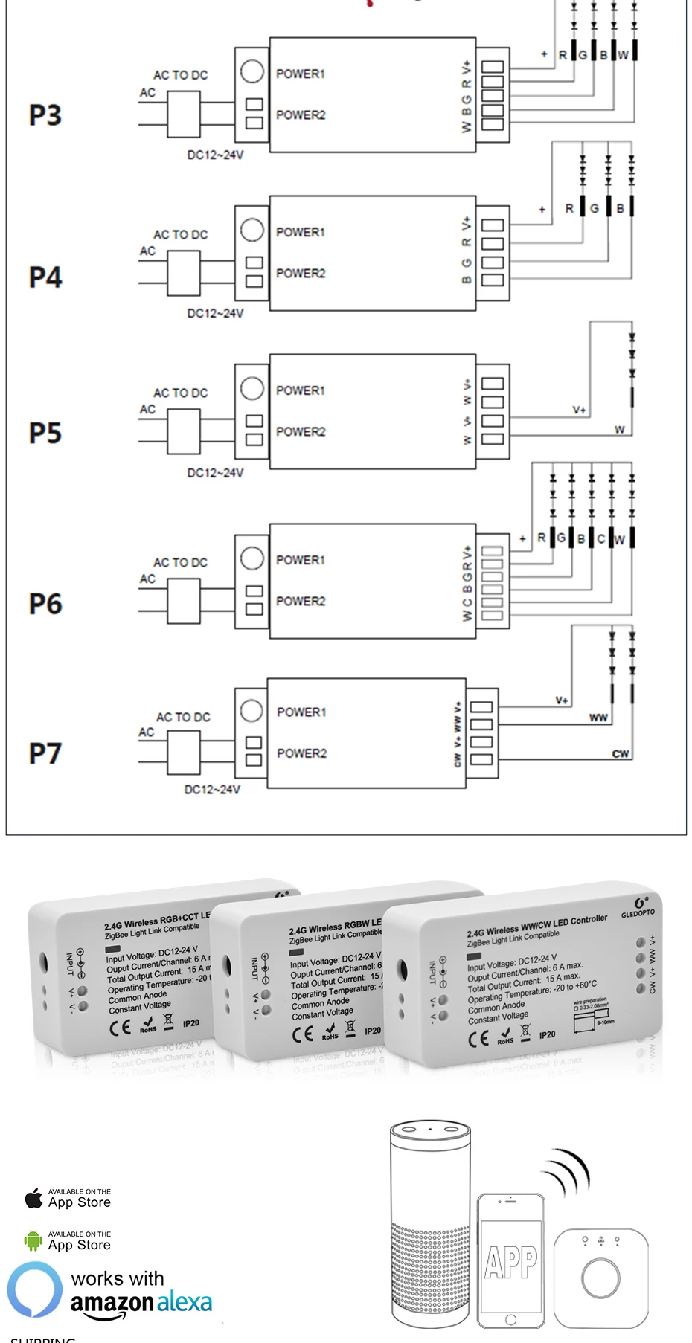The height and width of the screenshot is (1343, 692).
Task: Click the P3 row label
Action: pyautogui.click(x=45, y=115)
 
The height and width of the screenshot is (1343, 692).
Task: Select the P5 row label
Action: pyautogui.click(x=45, y=433)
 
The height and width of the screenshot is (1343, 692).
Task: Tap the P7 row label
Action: pyautogui.click(x=45, y=753)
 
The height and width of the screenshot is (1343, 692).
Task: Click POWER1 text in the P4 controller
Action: pyautogui.click(x=301, y=232)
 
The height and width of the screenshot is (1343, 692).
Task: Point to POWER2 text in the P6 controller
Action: pyautogui.click(x=301, y=601)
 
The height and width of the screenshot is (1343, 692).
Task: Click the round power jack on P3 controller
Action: pyautogui.click(x=252, y=71)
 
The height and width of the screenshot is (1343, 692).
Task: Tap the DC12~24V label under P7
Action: pyautogui.click(x=212, y=789)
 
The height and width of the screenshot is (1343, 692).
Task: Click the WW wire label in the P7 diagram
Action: pyautogui.click(x=598, y=718)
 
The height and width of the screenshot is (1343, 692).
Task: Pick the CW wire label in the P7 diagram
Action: pyautogui.click(x=620, y=753)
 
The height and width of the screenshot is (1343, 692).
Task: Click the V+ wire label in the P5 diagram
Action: pyautogui.click(x=579, y=410)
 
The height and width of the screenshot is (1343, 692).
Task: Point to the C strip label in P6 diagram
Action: pyautogui.click(x=600, y=538)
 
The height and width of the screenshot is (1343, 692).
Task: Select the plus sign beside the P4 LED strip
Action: pyautogui.click(x=542, y=210)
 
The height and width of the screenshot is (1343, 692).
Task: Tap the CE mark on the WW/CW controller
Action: pyautogui.click(x=478, y=1039)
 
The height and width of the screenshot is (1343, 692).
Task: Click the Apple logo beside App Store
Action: pyautogui.click(x=33, y=1198)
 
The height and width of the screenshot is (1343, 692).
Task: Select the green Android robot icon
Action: pyautogui.click(x=33, y=1240)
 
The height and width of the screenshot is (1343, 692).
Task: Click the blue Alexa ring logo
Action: pyautogui.click(x=35, y=1289)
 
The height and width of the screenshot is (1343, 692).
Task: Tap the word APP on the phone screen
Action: pyautogui.click(x=510, y=1263)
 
